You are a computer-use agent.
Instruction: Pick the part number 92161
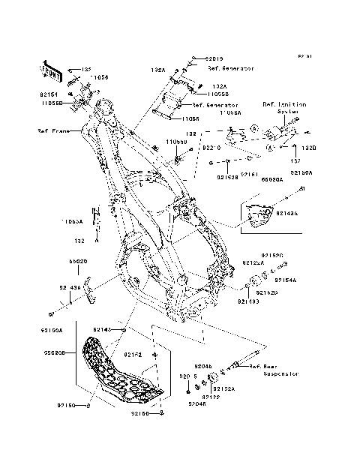click(x=250, y=174)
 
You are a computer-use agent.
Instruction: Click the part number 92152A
click(x=223, y=389)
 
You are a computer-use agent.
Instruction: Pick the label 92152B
click(x=226, y=178)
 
